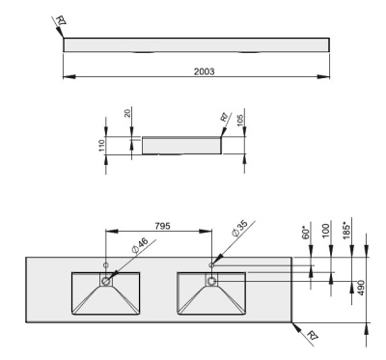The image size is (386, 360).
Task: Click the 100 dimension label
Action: (328, 232)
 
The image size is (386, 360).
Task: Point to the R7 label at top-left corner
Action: (60, 21)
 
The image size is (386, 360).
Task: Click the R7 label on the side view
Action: (224, 119)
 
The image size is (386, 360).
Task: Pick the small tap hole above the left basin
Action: (106, 263)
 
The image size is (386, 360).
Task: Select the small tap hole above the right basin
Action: (211, 263)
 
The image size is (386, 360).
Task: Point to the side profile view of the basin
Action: (180, 144)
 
